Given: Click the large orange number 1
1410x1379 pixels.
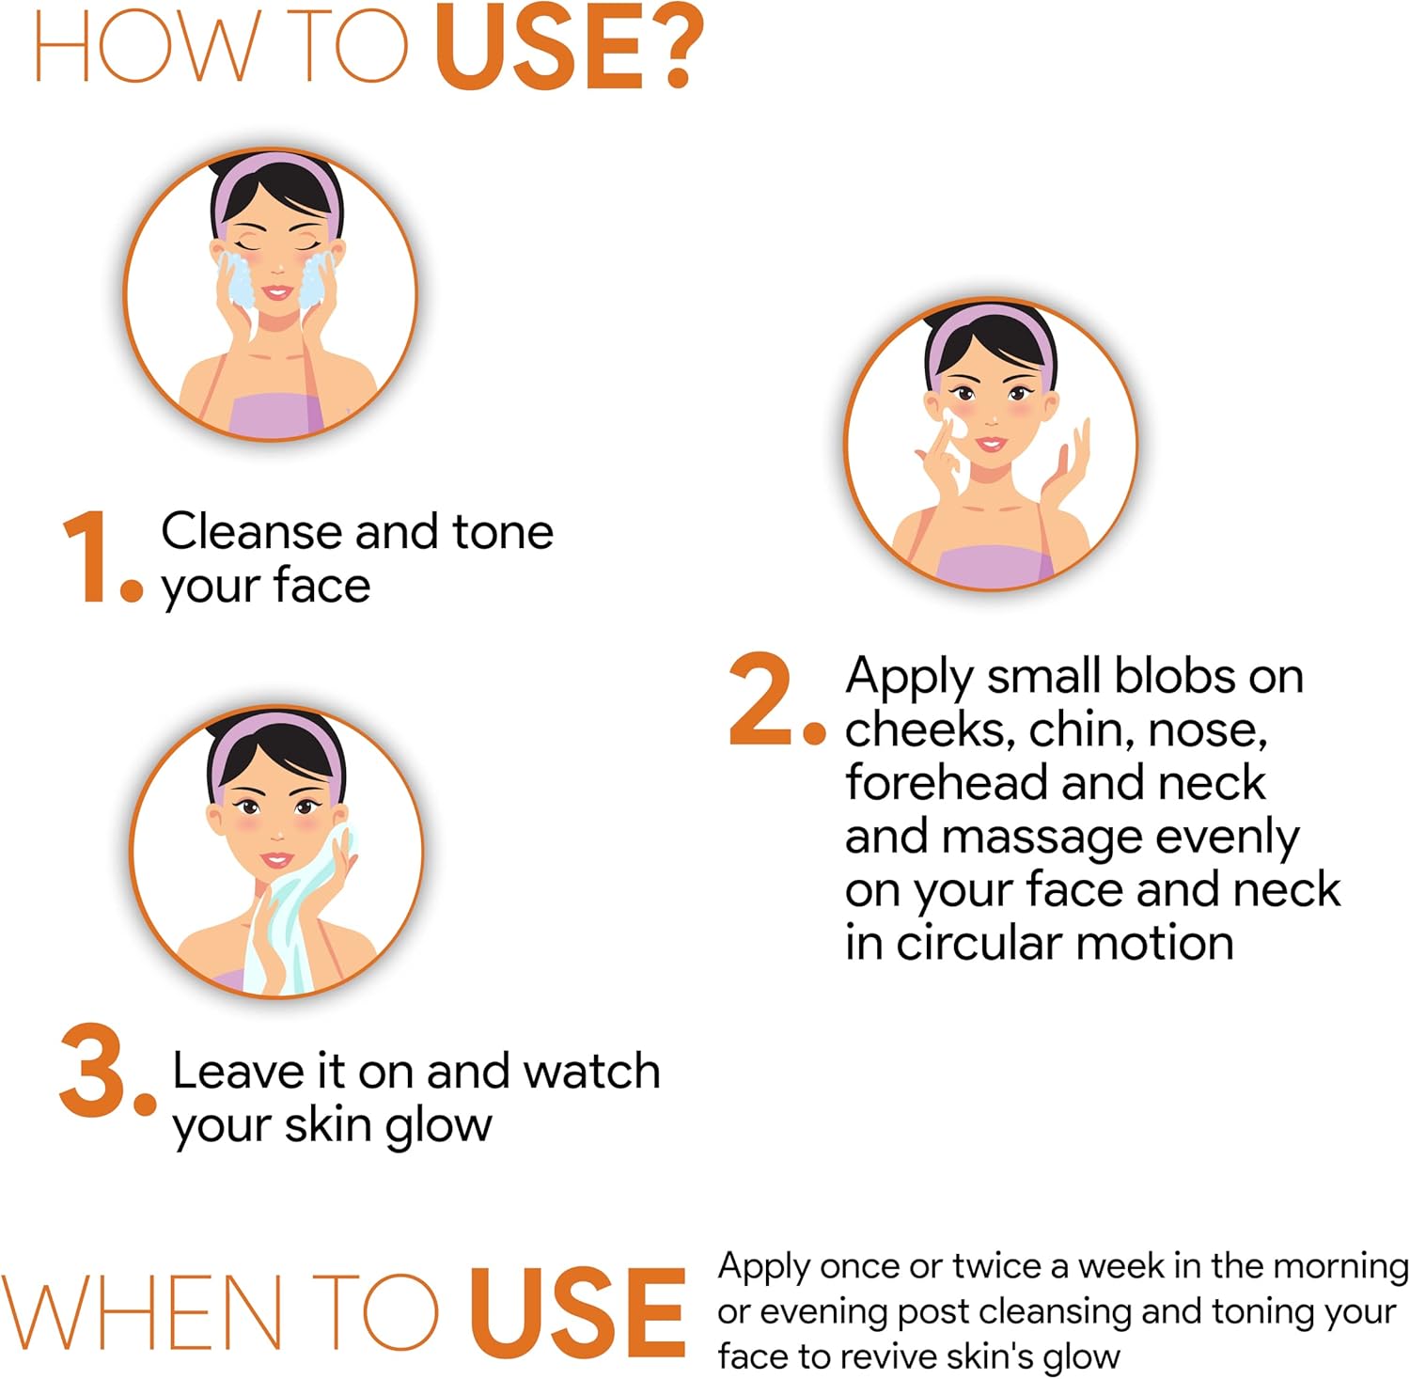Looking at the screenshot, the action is [x=86, y=556].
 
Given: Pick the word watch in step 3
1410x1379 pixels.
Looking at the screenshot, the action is [x=592, y=1071].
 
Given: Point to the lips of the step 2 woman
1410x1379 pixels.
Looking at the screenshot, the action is [x=991, y=443].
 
